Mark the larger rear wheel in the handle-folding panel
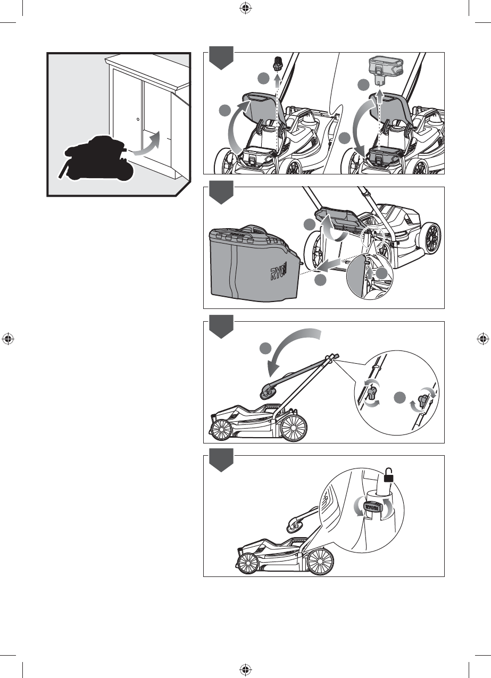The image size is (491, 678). click(294, 427)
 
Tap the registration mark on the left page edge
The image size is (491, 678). click(7, 338)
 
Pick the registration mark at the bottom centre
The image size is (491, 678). click(245, 669)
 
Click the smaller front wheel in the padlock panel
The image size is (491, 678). click(249, 563)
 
